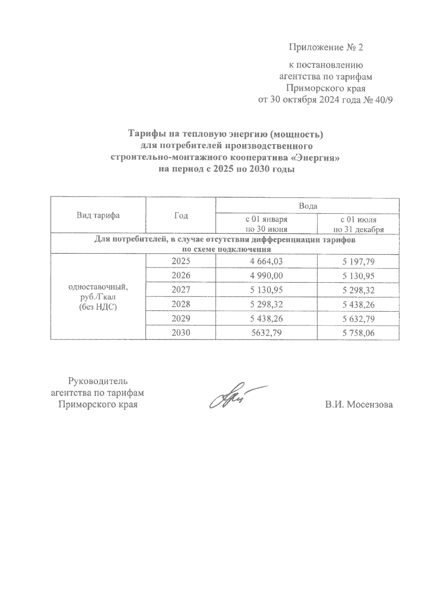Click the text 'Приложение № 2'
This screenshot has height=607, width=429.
coord(326,47)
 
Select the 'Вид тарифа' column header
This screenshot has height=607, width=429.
coord(98,215)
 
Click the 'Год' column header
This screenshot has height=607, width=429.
coord(181,215)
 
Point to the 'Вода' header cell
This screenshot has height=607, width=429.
coord(307,206)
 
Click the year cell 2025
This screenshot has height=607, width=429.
coord(181,261)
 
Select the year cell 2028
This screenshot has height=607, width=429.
coord(181,304)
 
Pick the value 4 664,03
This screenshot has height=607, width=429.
coord(266,261)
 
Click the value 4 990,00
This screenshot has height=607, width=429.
coord(266,276)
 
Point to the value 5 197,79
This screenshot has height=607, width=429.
coord(358,262)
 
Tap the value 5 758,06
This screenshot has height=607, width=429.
coord(358,333)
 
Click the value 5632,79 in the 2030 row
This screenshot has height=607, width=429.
coord(266,333)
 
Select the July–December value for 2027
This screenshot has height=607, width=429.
coord(358,290)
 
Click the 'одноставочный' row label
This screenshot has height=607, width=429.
coord(98,287)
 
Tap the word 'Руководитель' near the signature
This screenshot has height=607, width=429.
coord(98,380)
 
